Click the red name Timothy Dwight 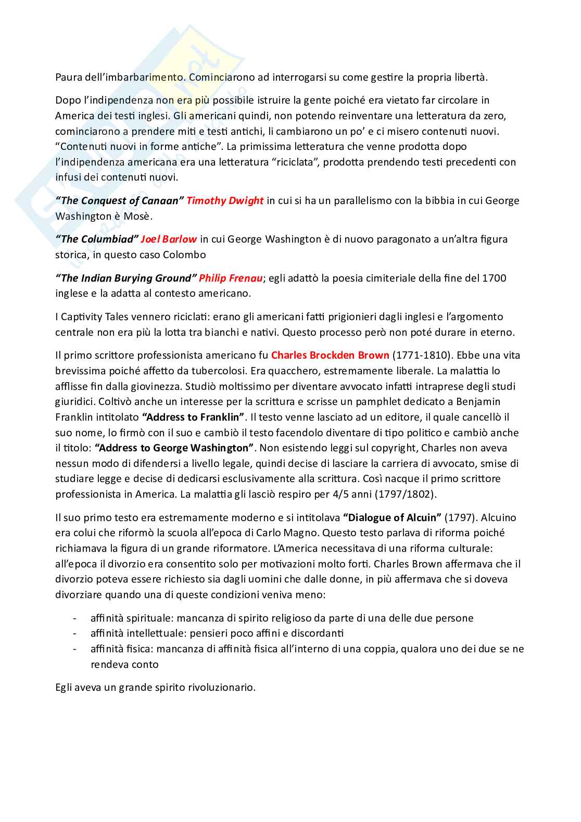click(x=225, y=200)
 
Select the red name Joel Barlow click(x=169, y=239)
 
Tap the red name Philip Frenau click(x=231, y=278)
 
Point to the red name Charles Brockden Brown click(x=330, y=355)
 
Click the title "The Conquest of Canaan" click(x=120, y=200)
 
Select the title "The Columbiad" click(x=97, y=239)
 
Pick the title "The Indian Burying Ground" click(x=126, y=278)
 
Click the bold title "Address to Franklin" click(x=193, y=417)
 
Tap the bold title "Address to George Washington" click(x=174, y=448)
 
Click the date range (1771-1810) click(x=421, y=355)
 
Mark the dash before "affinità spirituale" click(x=75, y=618)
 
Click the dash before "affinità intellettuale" click(x=75, y=634)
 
